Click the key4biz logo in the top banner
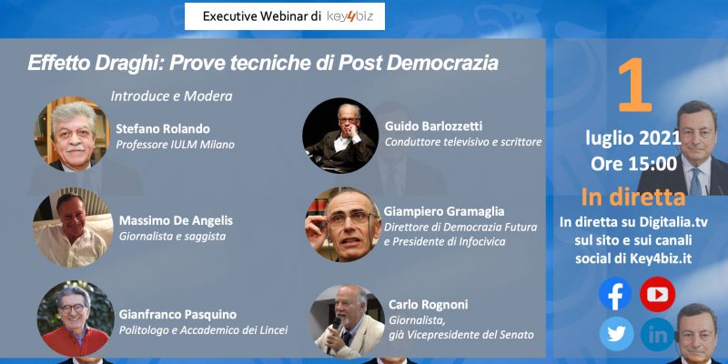click(349, 16)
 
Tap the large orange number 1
click(634, 85)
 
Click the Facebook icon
click(615, 293)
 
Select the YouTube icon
click(657, 294)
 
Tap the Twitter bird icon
click(617, 334)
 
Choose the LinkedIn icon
click(658, 334)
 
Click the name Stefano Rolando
click(163, 128)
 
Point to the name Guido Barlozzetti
click(434, 126)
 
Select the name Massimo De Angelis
click(176, 221)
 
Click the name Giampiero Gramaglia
click(444, 212)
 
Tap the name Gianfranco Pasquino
click(177, 315)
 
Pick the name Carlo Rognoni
click(428, 305)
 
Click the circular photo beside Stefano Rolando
click(72, 134)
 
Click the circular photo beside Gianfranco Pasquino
click(76, 318)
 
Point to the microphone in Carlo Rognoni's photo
click(334, 331)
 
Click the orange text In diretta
click(633, 197)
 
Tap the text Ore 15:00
click(633, 164)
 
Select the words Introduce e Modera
click(171, 96)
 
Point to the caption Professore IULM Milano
click(175, 145)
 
